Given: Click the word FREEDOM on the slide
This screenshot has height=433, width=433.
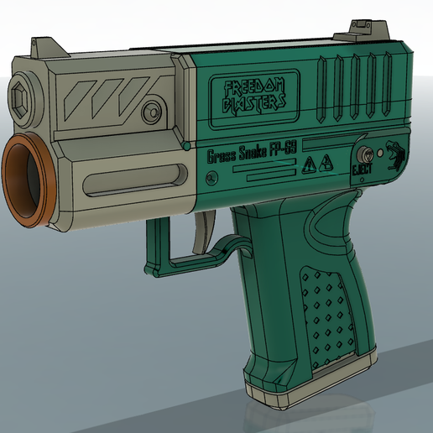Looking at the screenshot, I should (249, 87).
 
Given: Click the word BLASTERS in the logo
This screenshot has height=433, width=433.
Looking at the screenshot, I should (250, 103).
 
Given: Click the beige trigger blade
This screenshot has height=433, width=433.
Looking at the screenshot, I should (202, 232).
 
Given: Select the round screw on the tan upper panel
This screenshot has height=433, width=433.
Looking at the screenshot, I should (152, 110).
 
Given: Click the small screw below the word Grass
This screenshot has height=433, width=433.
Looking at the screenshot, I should (211, 178).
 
